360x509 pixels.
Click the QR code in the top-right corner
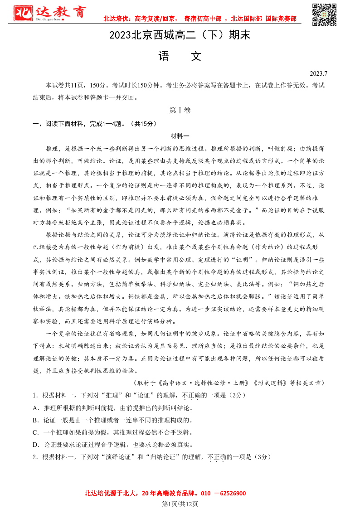click(325, 15)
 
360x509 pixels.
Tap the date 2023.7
click(318, 73)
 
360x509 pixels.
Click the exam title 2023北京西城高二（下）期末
click(180, 35)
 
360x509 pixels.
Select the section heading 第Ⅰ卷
click(180, 110)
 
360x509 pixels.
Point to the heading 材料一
click(180, 136)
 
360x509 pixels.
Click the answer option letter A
click(35, 408)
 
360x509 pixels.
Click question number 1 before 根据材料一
click(34, 395)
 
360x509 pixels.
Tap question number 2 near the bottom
click(34, 457)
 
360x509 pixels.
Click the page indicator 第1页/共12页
click(180, 504)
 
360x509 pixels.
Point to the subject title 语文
click(180, 56)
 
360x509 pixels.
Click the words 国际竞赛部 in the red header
click(281, 19)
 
